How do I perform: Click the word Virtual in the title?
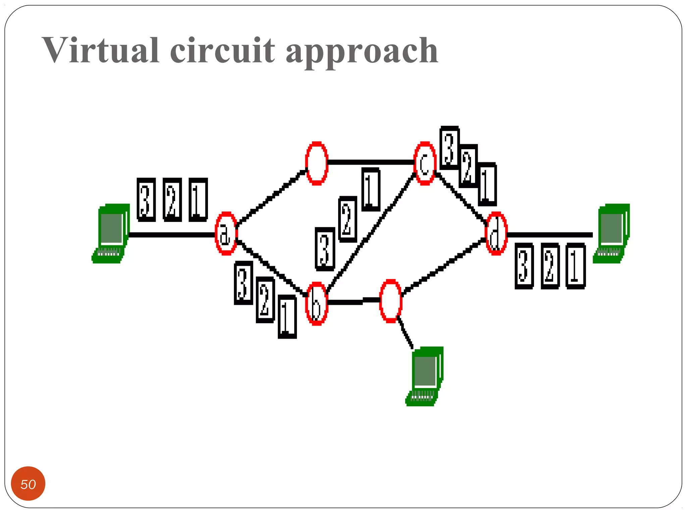pyautogui.click(x=100, y=50)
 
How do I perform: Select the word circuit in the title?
pyautogui.click(x=222, y=50)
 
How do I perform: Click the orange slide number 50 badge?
pyautogui.click(x=28, y=484)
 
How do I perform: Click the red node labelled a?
pyautogui.click(x=226, y=233)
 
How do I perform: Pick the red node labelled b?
pyautogui.click(x=316, y=303)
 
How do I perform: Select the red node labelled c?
pyautogui.click(x=425, y=163)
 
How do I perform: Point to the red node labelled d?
pyautogui.click(x=496, y=233)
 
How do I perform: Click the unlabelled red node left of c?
pyautogui.click(x=316, y=163)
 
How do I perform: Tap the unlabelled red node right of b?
pyautogui.click(x=390, y=301)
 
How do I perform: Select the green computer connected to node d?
pyautogui.click(x=612, y=233)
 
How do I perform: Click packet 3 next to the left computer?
pyautogui.click(x=146, y=200)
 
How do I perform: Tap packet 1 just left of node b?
pyautogui.click(x=287, y=317)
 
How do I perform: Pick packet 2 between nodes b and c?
pyautogui.click(x=348, y=219)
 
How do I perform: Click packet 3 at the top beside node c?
pyautogui.click(x=449, y=148)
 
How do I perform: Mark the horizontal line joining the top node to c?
pyautogui.click(x=371, y=162)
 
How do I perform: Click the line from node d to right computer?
pyautogui.click(x=550, y=235)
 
